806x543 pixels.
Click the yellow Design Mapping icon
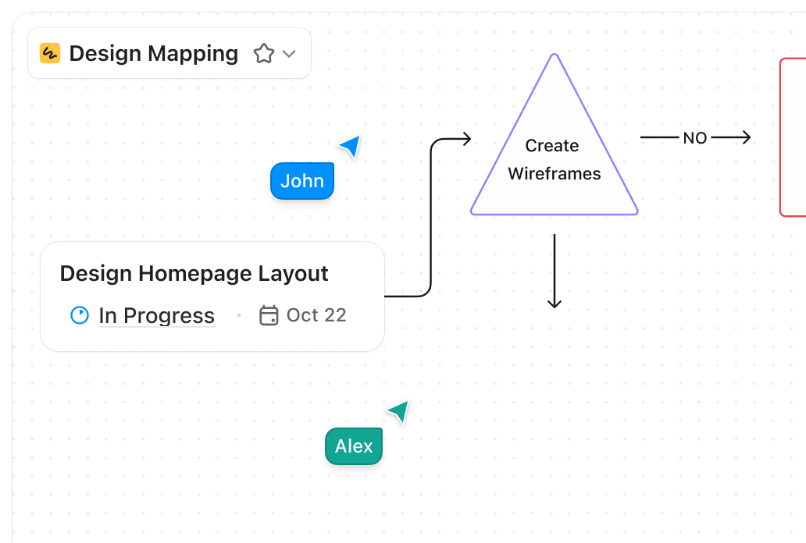tap(50, 53)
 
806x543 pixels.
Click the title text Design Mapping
tap(154, 53)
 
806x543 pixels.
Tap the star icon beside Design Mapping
tap(264, 54)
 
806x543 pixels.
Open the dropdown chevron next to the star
tap(289, 54)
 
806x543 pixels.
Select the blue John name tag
tap(302, 181)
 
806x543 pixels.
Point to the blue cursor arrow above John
tap(351, 145)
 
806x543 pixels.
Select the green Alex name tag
tap(354, 446)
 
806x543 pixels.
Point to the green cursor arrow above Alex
tap(399, 411)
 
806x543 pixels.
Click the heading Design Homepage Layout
tap(194, 274)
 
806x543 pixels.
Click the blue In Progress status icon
tap(80, 315)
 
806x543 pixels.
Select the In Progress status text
tap(156, 316)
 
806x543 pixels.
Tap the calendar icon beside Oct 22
tap(269, 315)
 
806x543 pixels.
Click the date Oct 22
tap(316, 315)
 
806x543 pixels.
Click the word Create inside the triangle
tap(552, 146)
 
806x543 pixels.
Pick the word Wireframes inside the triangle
tap(555, 174)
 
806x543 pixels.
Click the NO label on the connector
tap(694, 138)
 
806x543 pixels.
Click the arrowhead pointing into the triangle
tap(465, 139)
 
